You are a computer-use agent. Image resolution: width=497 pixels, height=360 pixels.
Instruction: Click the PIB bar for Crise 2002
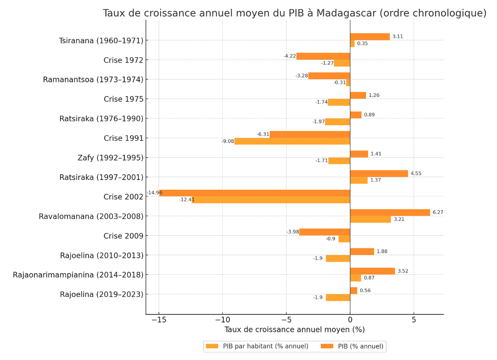pos(254,193)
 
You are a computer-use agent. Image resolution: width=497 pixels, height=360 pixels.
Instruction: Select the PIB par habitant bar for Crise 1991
pos(292,141)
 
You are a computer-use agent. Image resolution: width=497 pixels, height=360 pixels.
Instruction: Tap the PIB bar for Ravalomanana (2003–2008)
pos(390,213)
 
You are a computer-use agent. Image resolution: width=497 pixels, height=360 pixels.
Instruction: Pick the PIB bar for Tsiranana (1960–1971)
pos(370,36)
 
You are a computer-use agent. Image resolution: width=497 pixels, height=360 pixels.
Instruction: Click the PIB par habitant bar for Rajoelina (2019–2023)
pos(338,297)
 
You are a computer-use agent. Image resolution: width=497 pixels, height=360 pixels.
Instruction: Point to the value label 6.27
pos(438,213)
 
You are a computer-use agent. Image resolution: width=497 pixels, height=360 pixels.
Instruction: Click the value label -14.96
pos(154,193)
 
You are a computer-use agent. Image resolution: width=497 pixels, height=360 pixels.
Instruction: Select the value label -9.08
pos(228,141)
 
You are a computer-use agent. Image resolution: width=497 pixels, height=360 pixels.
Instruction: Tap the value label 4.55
pos(416,173)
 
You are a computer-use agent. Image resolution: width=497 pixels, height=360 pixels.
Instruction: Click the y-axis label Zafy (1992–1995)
pos(110,158)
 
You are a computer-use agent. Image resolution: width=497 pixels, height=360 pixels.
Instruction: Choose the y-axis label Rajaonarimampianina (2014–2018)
pos(78,275)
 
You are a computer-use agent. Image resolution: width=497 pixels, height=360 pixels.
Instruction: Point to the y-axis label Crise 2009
pos(123,236)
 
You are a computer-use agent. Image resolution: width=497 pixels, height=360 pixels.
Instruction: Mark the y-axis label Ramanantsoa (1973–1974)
pos(93,80)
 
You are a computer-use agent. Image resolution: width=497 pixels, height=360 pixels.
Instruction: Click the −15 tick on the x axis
pos(159,320)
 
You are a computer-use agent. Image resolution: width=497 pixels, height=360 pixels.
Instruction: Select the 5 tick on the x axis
pos(414,320)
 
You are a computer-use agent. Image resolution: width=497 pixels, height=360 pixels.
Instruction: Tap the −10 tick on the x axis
pos(222,320)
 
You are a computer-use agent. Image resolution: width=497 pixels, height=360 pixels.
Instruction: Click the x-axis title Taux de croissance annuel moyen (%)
pos(294,330)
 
